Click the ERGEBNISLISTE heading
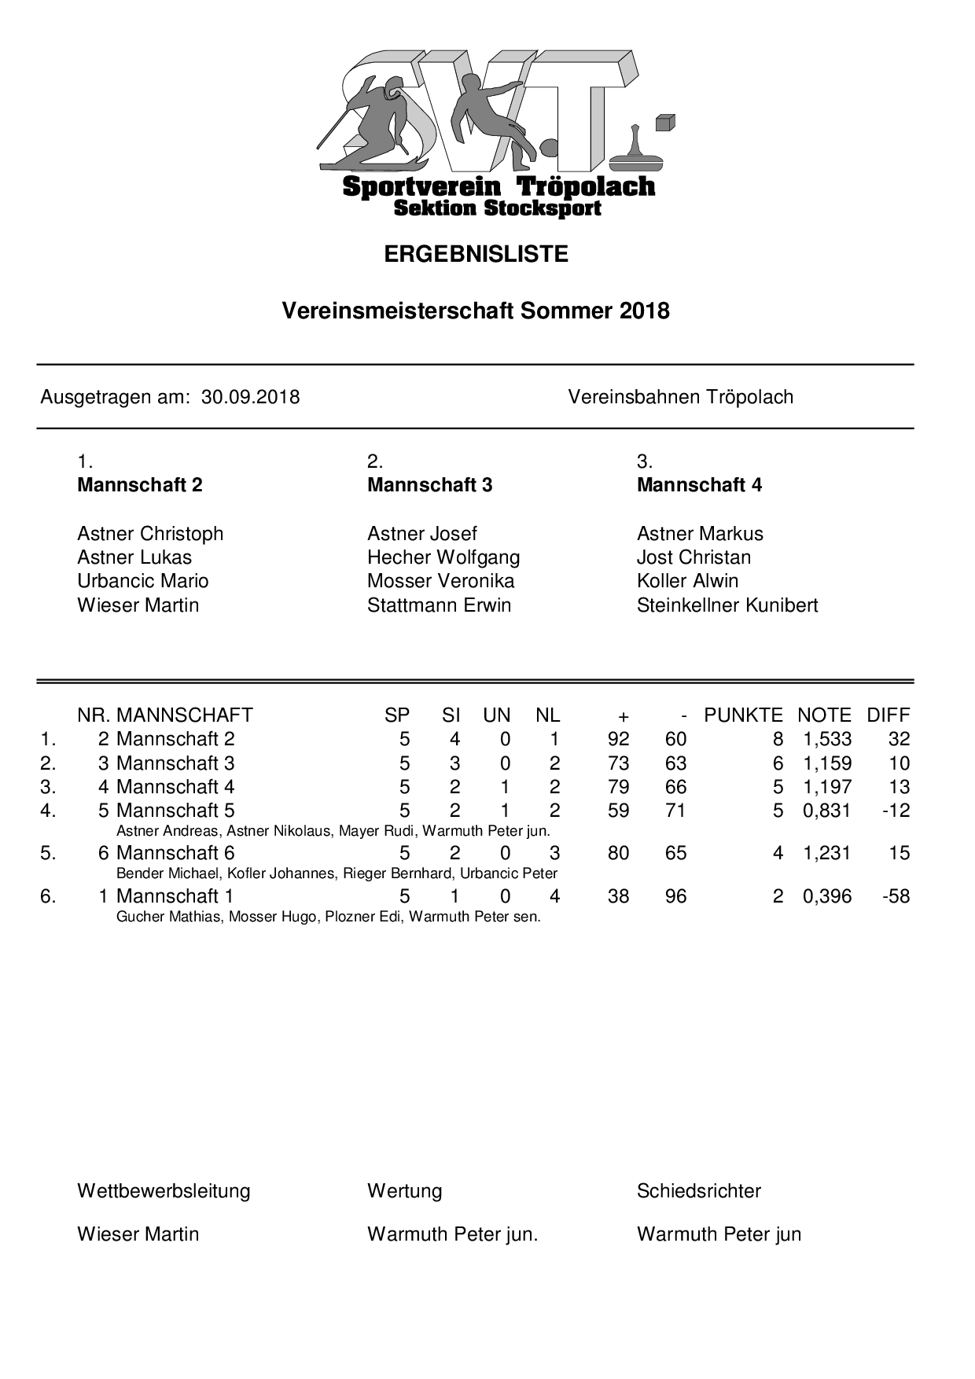(x=476, y=254)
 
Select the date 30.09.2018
(x=250, y=397)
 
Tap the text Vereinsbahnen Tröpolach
(x=680, y=397)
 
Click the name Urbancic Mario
(x=142, y=581)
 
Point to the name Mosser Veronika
(x=440, y=581)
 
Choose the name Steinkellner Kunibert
(x=727, y=605)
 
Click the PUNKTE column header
(x=743, y=715)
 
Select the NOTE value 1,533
(x=827, y=739)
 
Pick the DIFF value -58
(x=896, y=896)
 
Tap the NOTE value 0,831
(x=827, y=811)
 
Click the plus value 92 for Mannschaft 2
(x=619, y=739)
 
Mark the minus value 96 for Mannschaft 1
(x=675, y=896)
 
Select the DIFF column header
(x=888, y=715)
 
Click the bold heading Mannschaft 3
(x=429, y=485)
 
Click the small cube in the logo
(x=664, y=123)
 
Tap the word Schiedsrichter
(x=699, y=1191)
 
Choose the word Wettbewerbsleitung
(x=164, y=1191)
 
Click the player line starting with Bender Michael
(x=337, y=873)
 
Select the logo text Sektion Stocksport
(x=497, y=208)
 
